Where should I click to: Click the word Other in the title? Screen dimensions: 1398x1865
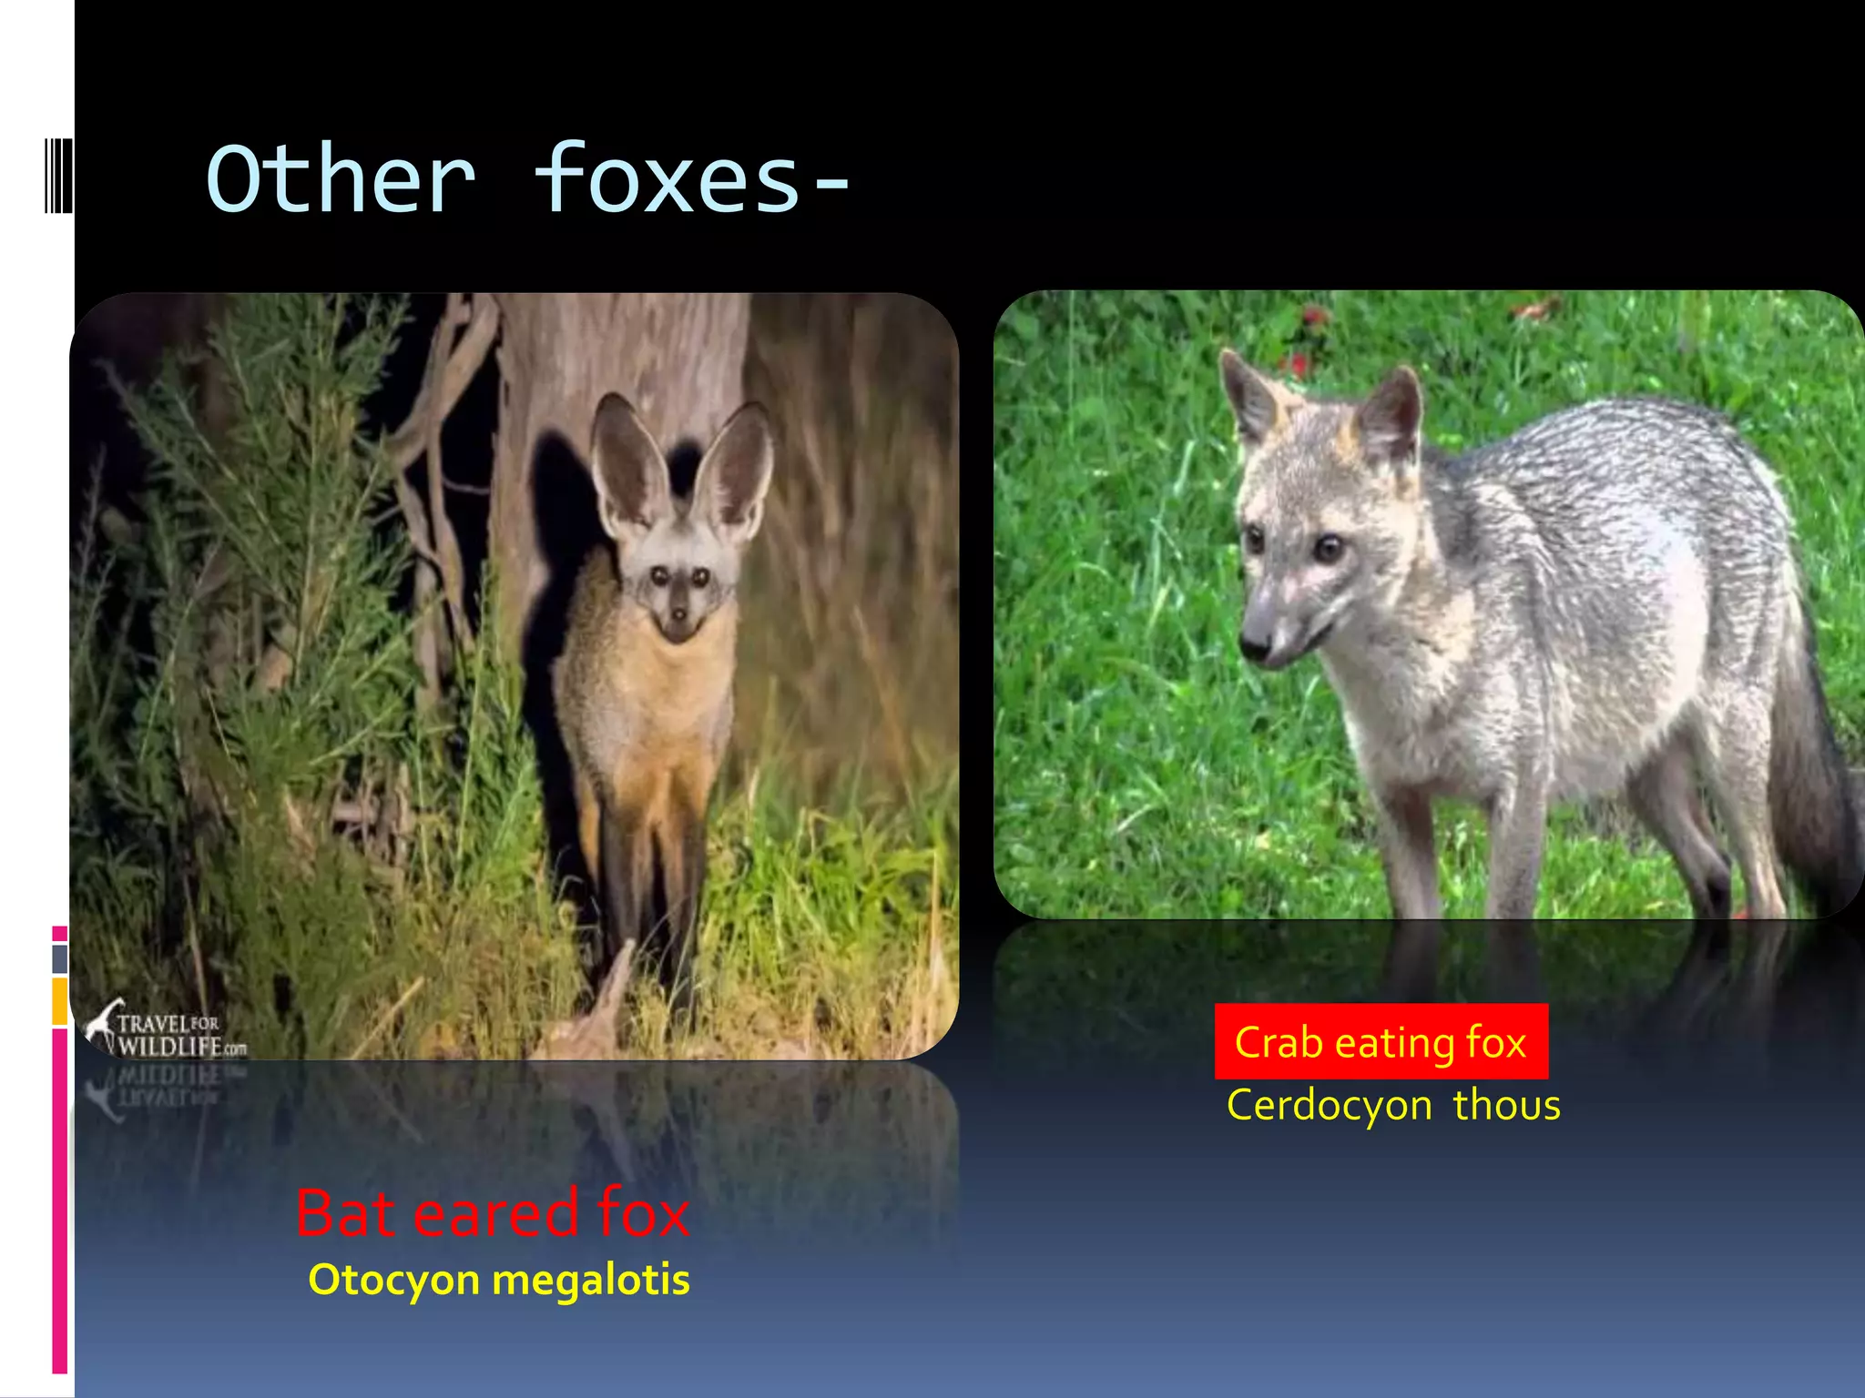[341, 181]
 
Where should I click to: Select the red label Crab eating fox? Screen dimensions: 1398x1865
[1380, 1042]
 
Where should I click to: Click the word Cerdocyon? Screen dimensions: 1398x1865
[1330, 1105]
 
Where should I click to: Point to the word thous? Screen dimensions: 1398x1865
[1506, 1105]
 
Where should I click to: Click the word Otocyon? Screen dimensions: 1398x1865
[393, 1279]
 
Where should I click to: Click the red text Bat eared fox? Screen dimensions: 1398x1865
[492, 1212]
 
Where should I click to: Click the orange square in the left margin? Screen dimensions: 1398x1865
[59, 1000]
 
